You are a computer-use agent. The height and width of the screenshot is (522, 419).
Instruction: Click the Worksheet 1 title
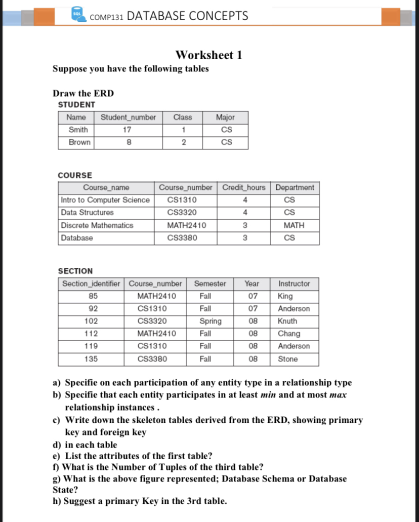tap(208, 55)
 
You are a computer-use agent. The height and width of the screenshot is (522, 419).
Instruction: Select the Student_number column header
tap(128, 117)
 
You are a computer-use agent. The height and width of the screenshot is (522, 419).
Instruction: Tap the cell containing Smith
tap(78, 130)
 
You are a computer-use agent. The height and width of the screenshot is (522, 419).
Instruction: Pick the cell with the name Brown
tap(79, 142)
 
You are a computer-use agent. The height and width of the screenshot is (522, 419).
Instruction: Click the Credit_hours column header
tap(243, 187)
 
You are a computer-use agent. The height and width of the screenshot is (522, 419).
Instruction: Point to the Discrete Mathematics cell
tap(97, 225)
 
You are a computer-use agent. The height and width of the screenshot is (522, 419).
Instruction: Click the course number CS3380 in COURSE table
tap(182, 237)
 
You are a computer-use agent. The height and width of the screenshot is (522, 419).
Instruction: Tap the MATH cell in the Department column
tap(294, 225)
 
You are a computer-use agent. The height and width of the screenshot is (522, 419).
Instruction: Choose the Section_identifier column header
tap(91, 284)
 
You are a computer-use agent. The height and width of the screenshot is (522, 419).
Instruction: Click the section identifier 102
tap(91, 321)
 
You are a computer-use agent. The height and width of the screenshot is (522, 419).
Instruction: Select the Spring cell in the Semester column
tap(210, 321)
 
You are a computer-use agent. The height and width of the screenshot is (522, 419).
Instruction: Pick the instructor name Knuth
tap(287, 321)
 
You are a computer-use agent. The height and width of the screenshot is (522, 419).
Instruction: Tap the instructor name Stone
tap(288, 359)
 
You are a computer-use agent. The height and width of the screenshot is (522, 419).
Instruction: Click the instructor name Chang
tap(289, 334)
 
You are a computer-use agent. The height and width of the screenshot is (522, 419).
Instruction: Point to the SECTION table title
tap(75, 271)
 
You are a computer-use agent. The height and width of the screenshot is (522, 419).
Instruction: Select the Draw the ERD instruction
tap(83, 93)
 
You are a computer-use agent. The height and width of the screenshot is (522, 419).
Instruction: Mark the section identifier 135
tap(91, 359)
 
